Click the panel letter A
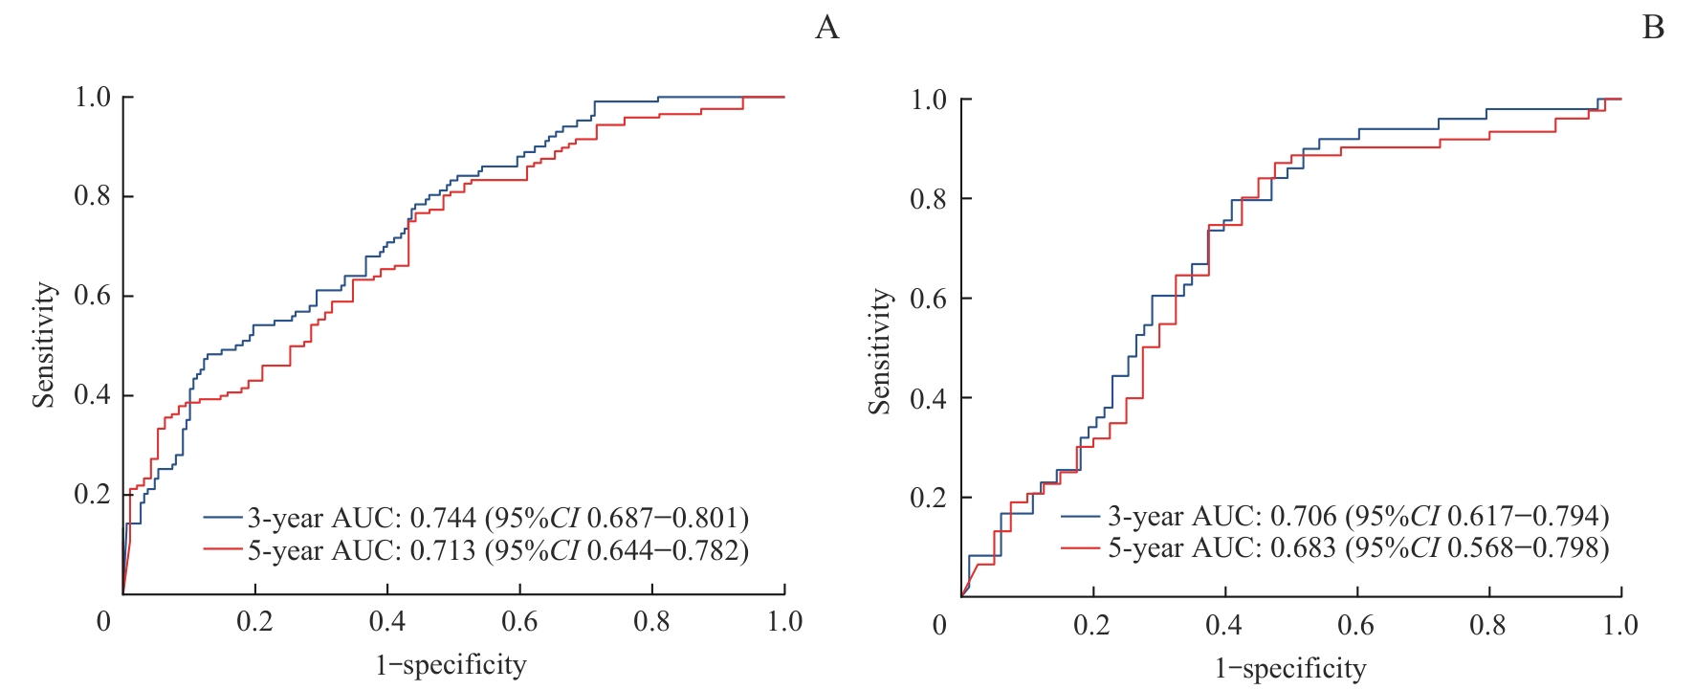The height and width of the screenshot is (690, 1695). pos(827,28)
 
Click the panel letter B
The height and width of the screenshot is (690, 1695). pos(1653,28)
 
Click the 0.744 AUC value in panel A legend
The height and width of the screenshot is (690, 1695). pos(443,518)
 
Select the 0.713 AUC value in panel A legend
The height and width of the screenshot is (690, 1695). pos(443,550)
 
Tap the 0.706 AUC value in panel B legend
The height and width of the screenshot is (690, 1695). pos(1303,516)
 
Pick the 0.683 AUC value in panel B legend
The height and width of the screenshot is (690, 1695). pos(1303,548)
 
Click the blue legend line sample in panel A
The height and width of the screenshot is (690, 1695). pos(222,518)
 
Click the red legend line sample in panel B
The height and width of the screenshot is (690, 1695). pos(1080,548)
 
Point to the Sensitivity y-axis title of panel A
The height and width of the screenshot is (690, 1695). pos(44,345)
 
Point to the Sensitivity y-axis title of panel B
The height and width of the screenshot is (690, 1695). pos(880,351)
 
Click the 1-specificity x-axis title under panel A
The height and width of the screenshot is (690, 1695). pos(451,665)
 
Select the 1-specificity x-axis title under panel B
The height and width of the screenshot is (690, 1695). pos(1290,668)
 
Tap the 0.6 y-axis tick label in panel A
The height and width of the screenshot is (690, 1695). pos(92,296)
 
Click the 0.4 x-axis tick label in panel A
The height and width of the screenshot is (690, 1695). pos(387,622)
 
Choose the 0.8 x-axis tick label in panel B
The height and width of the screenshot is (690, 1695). pos(1487,625)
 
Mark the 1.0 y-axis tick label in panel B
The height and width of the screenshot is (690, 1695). pos(928,100)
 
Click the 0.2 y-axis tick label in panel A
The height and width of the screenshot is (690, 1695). pos(92,494)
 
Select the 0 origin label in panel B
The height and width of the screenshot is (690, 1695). pos(939,625)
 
